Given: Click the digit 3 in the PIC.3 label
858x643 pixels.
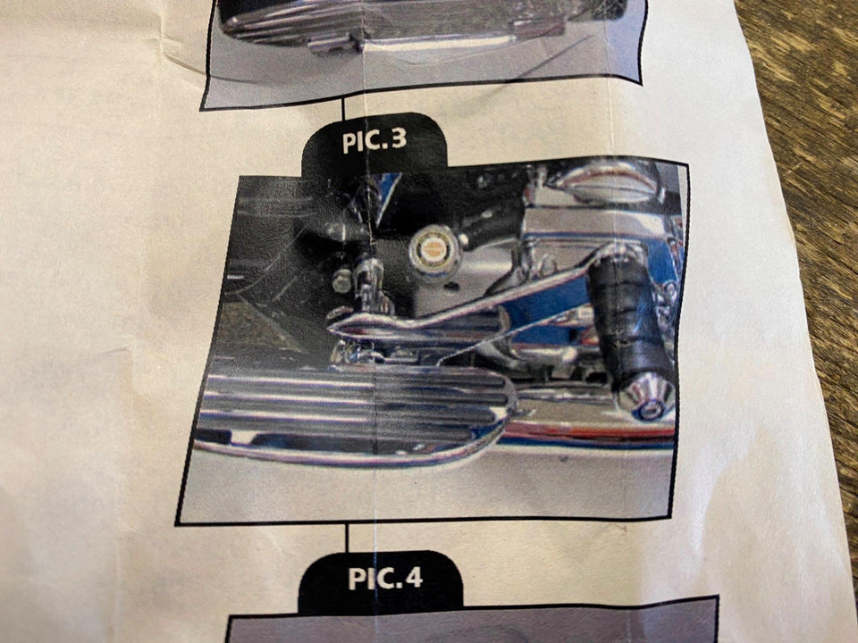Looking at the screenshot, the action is point(399,140).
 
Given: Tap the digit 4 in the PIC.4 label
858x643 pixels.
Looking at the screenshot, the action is point(414,579).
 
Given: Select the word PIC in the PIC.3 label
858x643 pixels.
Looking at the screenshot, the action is point(361,142).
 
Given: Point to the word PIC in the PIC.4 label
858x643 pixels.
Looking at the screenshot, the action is point(371,579).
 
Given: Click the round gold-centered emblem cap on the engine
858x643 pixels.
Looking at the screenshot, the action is point(434,250).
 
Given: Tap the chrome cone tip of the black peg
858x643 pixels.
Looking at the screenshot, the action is point(647,396).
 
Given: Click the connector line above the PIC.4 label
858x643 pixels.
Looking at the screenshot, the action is point(347,539).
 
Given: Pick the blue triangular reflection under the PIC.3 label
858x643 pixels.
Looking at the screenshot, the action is point(390,192).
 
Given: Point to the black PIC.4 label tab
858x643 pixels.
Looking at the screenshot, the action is point(381,582).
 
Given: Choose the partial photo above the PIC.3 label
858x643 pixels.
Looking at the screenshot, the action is point(424,49).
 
